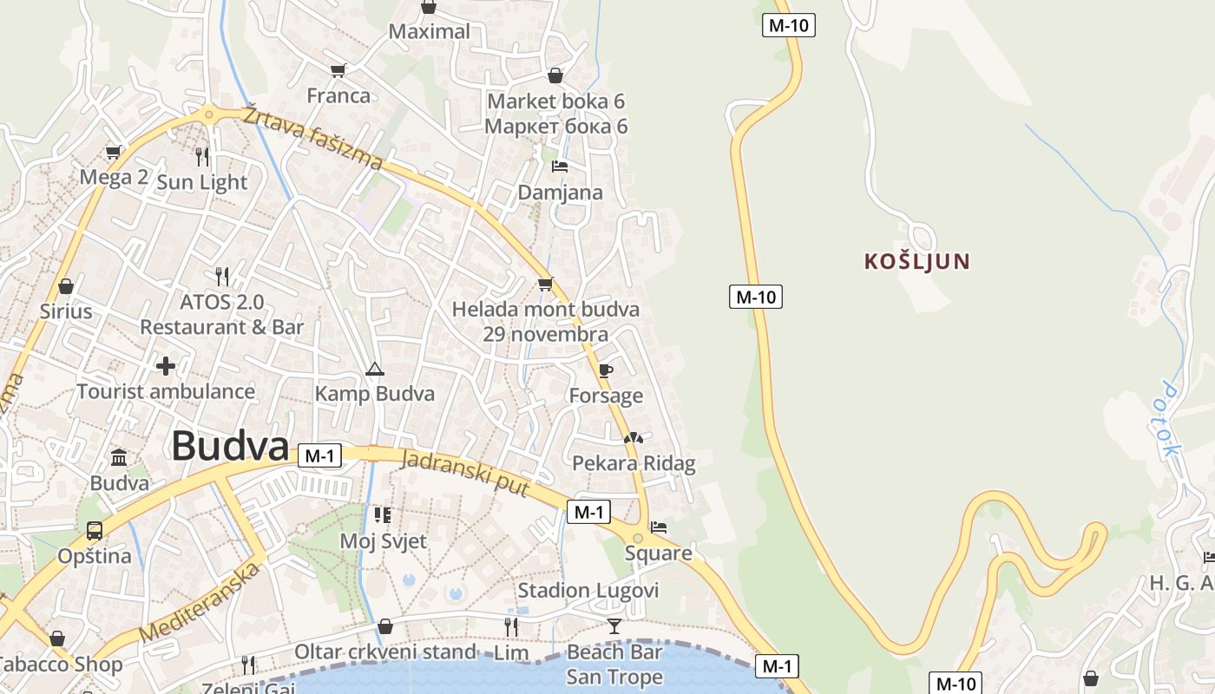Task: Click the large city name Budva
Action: (x=230, y=447)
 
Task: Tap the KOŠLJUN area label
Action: (x=916, y=261)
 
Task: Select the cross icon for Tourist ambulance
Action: (x=166, y=366)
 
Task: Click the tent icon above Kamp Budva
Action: (x=374, y=370)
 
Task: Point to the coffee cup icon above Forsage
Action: (x=606, y=370)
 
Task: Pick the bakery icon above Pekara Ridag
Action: (x=634, y=438)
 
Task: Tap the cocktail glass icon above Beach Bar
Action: (x=614, y=625)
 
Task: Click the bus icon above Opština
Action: (x=95, y=530)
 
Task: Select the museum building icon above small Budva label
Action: (x=119, y=457)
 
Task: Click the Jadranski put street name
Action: (x=464, y=474)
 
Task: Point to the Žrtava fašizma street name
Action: (x=312, y=137)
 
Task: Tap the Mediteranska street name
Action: (x=200, y=602)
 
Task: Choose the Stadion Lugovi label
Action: (x=588, y=591)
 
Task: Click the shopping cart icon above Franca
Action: (x=338, y=70)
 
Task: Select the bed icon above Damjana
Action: (x=560, y=166)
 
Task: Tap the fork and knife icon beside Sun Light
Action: (x=202, y=156)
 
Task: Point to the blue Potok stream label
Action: (x=1167, y=420)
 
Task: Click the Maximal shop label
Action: (x=430, y=32)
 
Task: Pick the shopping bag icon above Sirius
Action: (x=66, y=285)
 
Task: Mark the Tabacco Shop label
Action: (x=61, y=665)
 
